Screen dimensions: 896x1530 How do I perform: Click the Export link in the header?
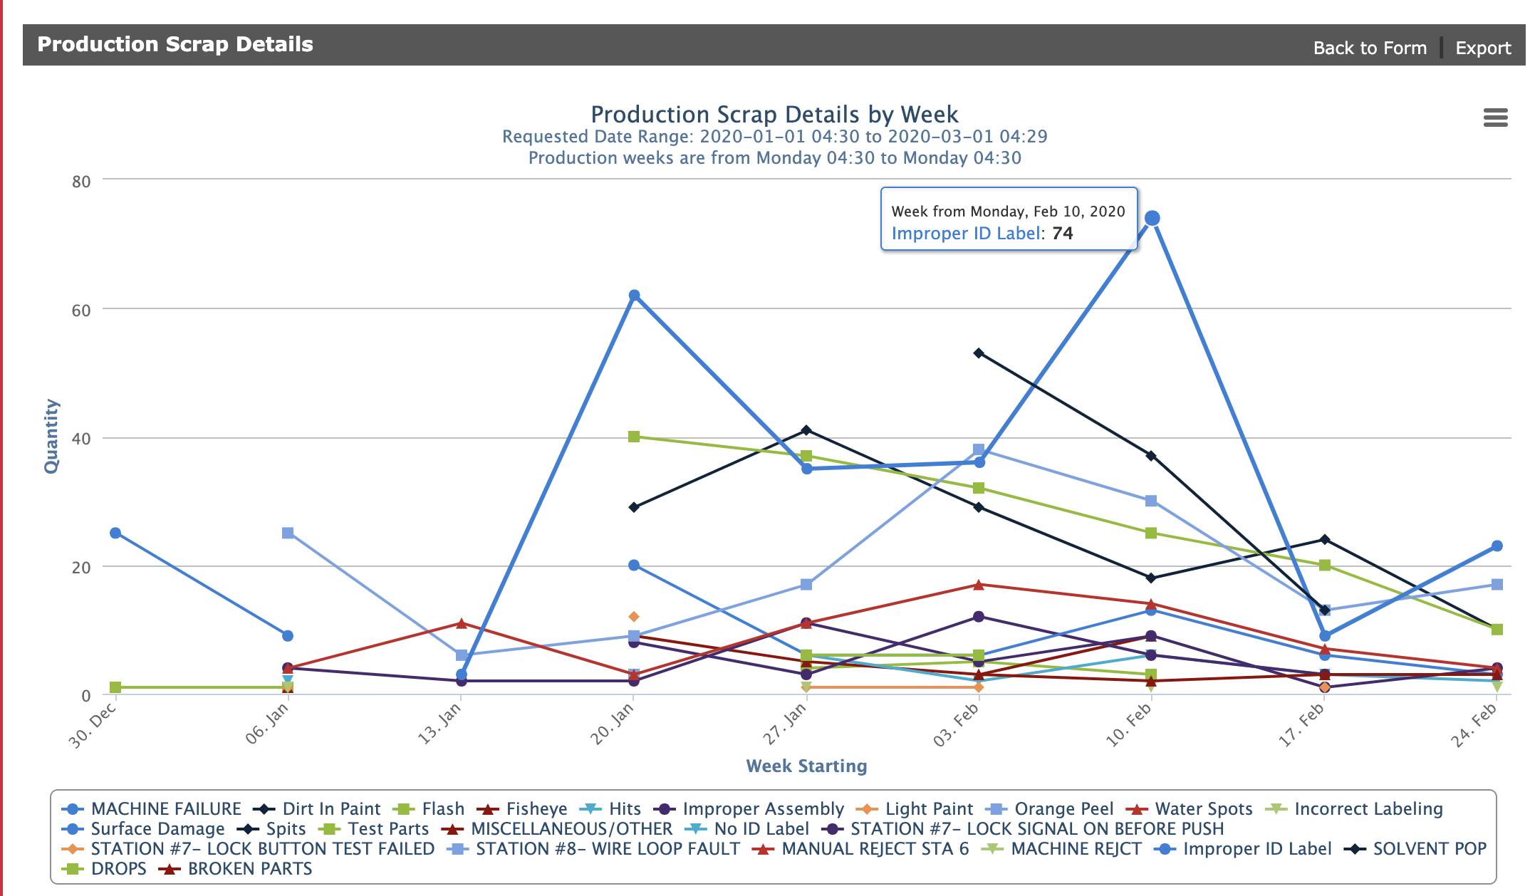(x=1482, y=48)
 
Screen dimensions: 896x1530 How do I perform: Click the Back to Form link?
(x=1369, y=48)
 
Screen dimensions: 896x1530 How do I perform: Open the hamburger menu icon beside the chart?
(x=1495, y=118)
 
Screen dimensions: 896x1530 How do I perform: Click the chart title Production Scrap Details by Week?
(x=774, y=115)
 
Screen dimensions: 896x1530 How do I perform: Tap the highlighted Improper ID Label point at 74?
(x=1152, y=218)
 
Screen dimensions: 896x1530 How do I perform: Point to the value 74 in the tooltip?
(x=1062, y=234)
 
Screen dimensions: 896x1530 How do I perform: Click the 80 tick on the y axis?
(x=81, y=182)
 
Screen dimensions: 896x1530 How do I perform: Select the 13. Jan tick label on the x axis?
(x=439, y=723)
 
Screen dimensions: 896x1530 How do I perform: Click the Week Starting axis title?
(x=806, y=766)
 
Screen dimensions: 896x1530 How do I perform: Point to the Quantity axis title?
(x=51, y=436)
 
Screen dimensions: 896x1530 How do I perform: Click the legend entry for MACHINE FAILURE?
(x=165, y=809)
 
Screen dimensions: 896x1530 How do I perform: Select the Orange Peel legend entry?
(x=1063, y=809)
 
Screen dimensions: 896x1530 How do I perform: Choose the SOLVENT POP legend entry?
(x=1429, y=849)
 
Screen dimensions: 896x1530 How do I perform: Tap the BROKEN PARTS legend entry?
(x=249, y=869)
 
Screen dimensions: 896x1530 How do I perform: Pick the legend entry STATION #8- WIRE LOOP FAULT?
(x=607, y=849)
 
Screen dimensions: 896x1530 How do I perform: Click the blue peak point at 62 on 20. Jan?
(x=634, y=296)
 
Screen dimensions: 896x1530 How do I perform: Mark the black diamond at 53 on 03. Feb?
(x=979, y=353)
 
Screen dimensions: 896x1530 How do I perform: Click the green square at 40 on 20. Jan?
(x=634, y=437)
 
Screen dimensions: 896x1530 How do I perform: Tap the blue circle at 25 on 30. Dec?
(x=115, y=533)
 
